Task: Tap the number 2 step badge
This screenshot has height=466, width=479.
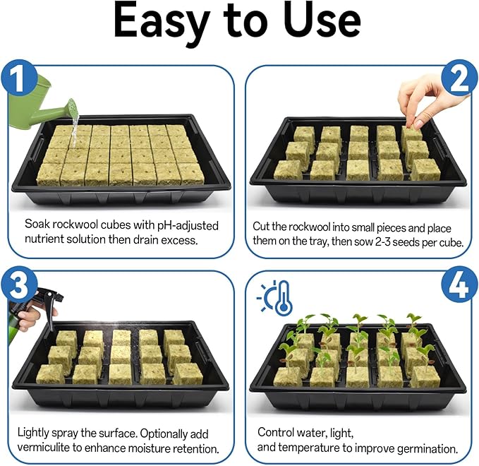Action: pos(459,80)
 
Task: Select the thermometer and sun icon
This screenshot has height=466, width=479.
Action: pos(274,297)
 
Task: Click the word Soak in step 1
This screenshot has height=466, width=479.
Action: pos(37,225)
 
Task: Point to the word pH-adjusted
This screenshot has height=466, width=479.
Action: pos(185,225)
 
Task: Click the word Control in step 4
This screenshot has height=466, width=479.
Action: pos(276,431)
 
